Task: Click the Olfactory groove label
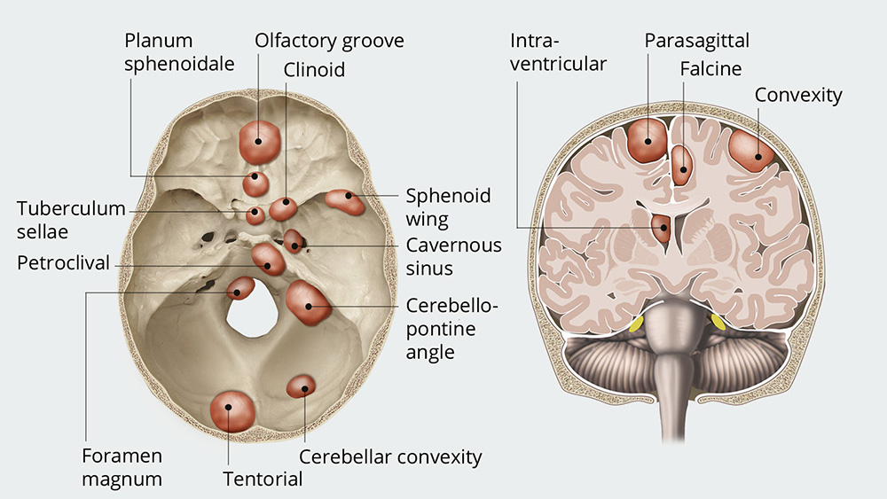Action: click(x=329, y=41)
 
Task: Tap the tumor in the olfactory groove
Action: click(x=259, y=140)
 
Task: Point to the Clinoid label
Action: click(x=314, y=69)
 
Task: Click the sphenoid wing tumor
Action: click(x=345, y=201)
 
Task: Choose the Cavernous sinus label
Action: click(x=453, y=256)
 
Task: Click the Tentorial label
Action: click(x=263, y=480)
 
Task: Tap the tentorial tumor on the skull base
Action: click(x=232, y=410)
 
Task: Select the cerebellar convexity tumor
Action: click(x=302, y=386)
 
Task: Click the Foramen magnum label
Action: click(x=122, y=468)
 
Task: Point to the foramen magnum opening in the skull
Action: click(x=254, y=316)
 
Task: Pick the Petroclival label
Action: click(x=64, y=263)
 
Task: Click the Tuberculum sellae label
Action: click(x=71, y=220)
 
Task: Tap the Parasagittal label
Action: click(x=696, y=41)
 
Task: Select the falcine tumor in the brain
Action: click(x=681, y=164)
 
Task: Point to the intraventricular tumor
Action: click(x=661, y=228)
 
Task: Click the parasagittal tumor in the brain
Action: click(x=648, y=140)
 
